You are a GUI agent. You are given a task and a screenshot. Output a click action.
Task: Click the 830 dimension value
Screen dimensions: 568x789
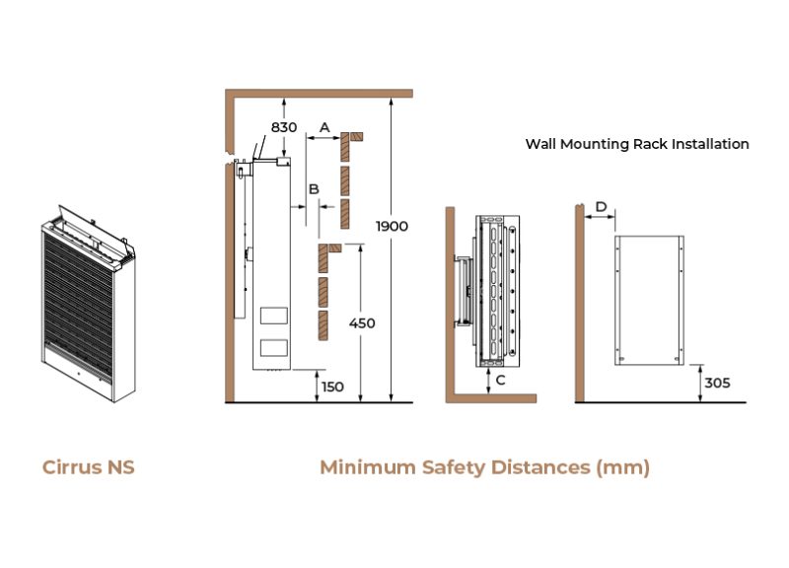point(284,127)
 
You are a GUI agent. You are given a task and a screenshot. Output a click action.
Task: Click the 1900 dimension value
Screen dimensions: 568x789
point(392,226)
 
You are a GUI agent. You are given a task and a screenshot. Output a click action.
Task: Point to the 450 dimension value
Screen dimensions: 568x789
point(362,322)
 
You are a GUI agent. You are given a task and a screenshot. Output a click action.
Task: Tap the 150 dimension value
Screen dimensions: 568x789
point(332,387)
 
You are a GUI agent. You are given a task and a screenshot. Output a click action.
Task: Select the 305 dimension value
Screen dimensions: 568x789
point(717,383)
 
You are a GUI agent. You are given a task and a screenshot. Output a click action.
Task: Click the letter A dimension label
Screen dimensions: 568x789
point(324,127)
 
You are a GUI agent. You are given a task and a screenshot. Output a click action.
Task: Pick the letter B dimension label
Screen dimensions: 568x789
point(314,187)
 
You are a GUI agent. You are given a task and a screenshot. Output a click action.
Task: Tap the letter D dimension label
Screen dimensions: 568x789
point(600,207)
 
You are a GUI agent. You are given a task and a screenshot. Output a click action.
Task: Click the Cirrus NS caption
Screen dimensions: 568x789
point(89,466)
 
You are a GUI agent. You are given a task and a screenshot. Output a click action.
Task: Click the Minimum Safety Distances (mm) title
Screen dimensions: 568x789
point(484,466)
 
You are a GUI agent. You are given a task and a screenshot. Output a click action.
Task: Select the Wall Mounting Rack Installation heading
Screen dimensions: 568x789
point(637,144)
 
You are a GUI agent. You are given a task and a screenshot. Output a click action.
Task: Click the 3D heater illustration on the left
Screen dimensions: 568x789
point(88,301)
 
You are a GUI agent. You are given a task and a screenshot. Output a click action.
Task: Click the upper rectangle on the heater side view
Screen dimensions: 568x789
point(273,317)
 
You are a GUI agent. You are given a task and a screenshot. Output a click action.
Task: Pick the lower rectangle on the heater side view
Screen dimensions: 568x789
point(273,347)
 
